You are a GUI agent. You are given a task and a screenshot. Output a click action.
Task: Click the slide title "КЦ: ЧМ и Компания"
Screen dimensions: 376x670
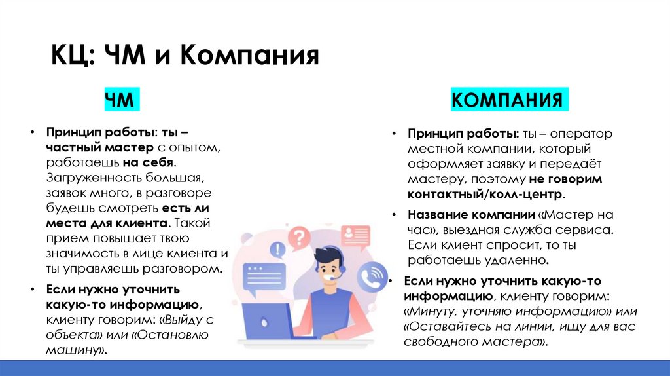(x=185, y=56)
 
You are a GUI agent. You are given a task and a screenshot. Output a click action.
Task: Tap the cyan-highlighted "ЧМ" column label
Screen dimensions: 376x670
(x=120, y=100)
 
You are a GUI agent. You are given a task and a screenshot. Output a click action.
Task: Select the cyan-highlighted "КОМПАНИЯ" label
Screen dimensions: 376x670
(x=508, y=100)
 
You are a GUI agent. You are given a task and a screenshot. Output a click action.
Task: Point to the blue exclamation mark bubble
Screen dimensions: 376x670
(x=279, y=249)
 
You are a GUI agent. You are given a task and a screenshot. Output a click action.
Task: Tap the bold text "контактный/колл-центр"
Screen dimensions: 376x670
(x=485, y=195)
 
